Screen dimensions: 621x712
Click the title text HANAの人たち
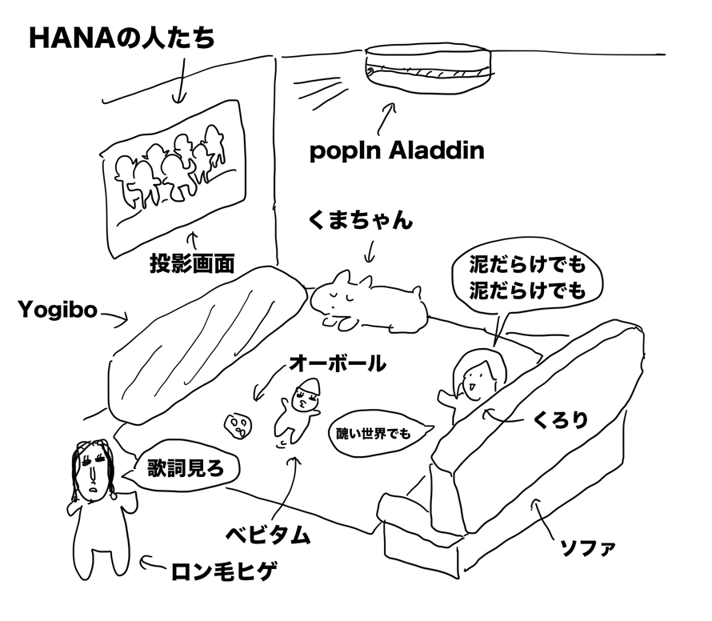click(x=122, y=39)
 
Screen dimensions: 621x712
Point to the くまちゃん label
click(x=360, y=220)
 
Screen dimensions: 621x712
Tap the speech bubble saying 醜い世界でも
click(x=374, y=434)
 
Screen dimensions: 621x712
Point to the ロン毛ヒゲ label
click(x=225, y=571)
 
